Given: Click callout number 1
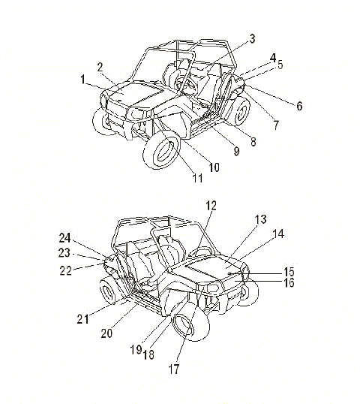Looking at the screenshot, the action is tap(82, 79).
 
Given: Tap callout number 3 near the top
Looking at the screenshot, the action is tap(252, 38).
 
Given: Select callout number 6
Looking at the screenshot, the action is tap(299, 106).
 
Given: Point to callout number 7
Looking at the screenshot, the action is tap(276, 125).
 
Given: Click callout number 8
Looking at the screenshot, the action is tap(253, 141).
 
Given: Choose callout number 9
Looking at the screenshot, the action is tap(236, 151).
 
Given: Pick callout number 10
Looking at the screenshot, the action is tap(214, 167).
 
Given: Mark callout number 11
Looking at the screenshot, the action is tap(198, 178).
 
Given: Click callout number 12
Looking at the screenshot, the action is tap(211, 206).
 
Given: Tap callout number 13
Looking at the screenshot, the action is tap(260, 219).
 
